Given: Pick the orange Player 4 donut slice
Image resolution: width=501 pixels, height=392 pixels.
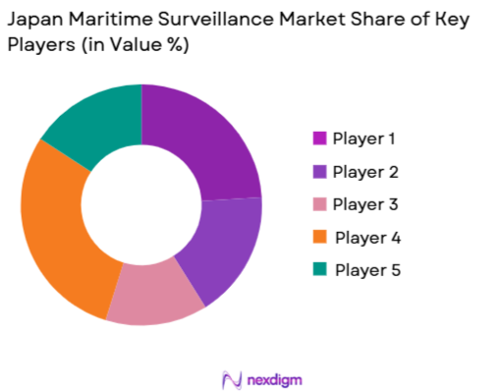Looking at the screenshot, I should coord(59,236).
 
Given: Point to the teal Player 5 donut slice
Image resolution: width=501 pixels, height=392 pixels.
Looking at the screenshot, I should coord(92,122).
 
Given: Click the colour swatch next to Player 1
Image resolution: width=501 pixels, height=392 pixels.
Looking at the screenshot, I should coord(319,139).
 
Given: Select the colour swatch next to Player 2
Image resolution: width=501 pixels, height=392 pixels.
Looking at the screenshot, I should coord(319,172).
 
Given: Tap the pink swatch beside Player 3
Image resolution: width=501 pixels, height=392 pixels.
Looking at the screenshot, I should coord(319,204).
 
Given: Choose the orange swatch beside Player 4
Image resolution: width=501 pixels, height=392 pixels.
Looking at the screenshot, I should coord(319,238).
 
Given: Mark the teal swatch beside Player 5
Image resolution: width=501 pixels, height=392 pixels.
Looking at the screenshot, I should coord(319,270).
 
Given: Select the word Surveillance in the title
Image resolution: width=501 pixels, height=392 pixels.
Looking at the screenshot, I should coord(217,21).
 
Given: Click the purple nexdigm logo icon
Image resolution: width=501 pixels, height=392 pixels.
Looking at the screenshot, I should coord(233,378).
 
